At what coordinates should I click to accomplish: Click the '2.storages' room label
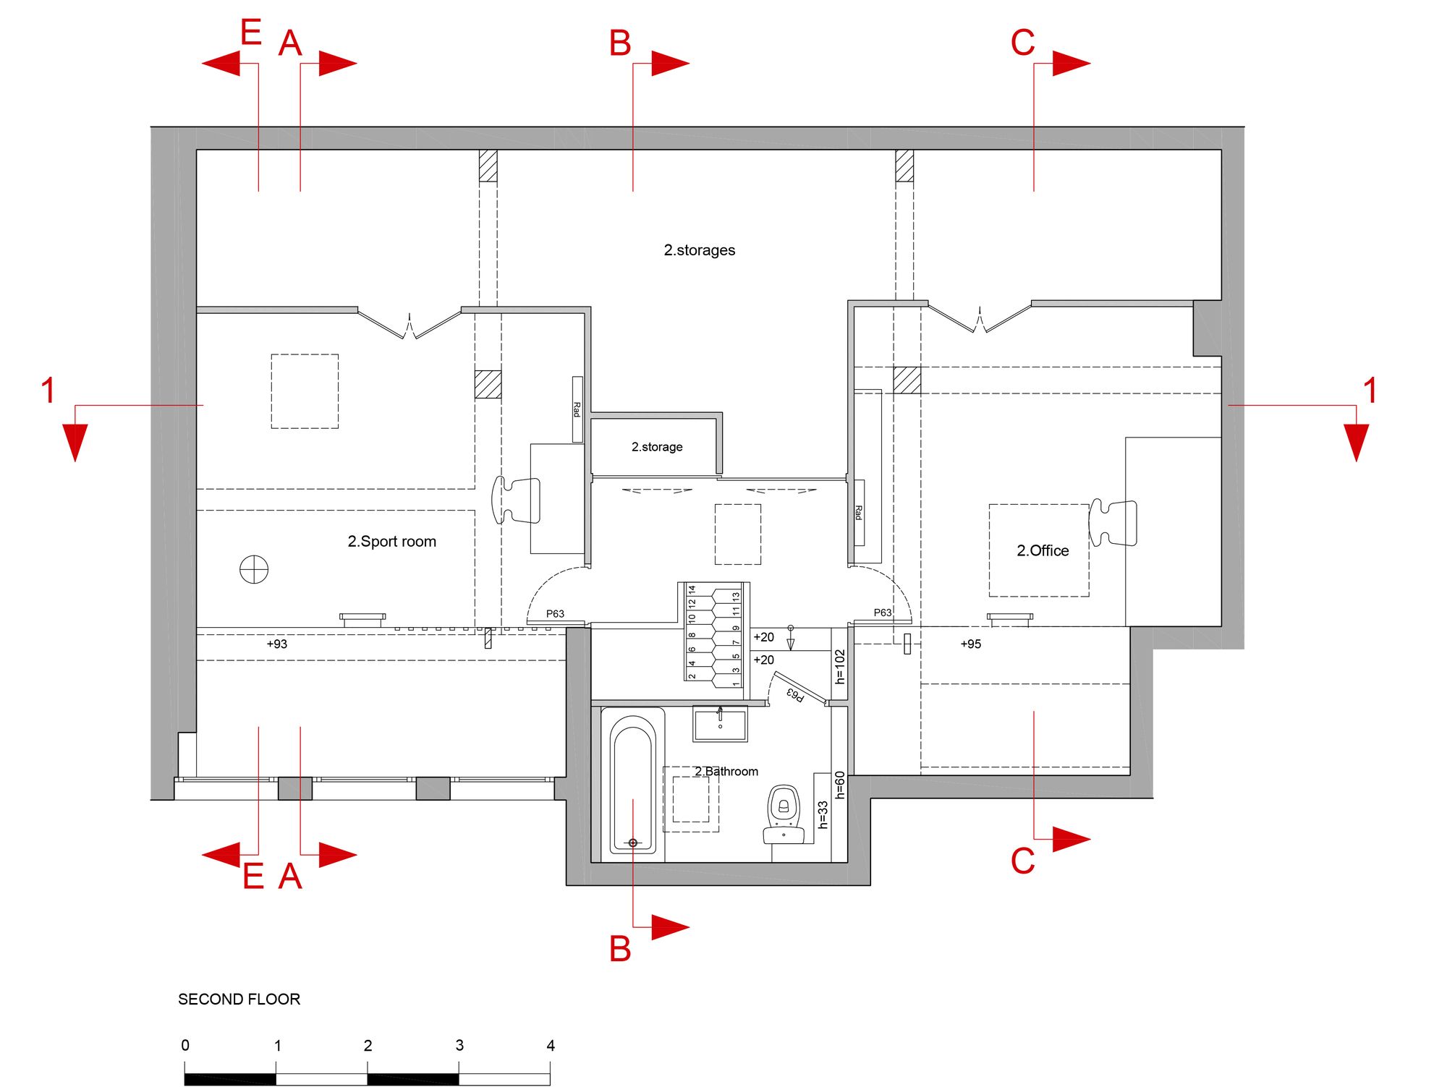click(x=699, y=250)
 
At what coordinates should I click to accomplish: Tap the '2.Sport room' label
click(x=391, y=542)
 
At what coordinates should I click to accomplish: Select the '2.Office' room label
click(x=1043, y=550)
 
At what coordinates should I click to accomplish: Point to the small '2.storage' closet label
click(x=656, y=447)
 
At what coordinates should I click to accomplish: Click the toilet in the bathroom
click(x=784, y=814)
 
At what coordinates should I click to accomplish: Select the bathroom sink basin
click(x=720, y=723)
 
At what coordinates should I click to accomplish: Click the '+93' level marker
click(x=276, y=644)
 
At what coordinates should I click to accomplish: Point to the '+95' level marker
click(x=970, y=644)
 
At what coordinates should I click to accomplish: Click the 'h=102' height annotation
click(x=839, y=666)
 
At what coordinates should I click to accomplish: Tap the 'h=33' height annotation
click(x=823, y=814)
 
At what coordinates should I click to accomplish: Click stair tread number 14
click(x=692, y=589)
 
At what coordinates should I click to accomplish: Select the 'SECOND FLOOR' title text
click(x=239, y=999)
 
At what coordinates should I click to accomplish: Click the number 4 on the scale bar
click(x=551, y=1045)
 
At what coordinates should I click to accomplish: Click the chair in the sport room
click(x=516, y=499)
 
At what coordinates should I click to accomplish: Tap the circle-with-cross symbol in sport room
click(x=254, y=569)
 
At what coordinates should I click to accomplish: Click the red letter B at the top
click(x=620, y=43)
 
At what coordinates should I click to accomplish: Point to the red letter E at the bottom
click(x=253, y=876)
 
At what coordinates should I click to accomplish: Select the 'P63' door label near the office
click(x=883, y=613)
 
